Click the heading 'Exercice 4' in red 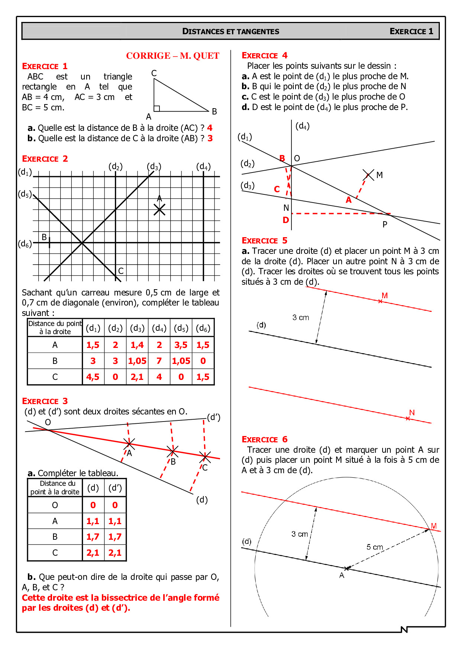[x=264, y=56]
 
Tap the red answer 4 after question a [x=210, y=128]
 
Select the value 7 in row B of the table [x=159, y=361]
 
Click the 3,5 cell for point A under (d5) [x=181, y=345]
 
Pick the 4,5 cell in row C [x=93, y=377]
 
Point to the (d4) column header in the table [x=159, y=328]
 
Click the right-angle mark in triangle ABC [x=157, y=108]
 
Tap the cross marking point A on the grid [x=159, y=210]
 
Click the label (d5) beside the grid [x=25, y=194]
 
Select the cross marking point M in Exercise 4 [x=368, y=175]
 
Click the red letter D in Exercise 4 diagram [x=286, y=220]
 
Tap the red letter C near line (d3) [x=277, y=189]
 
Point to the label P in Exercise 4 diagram [x=385, y=225]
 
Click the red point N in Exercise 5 [x=408, y=418]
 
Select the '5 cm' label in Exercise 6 [x=375, y=547]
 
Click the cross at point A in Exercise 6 [x=346, y=568]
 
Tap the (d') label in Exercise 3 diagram [x=213, y=417]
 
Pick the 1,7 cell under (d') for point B [x=115, y=537]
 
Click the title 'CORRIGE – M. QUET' [x=173, y=56]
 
